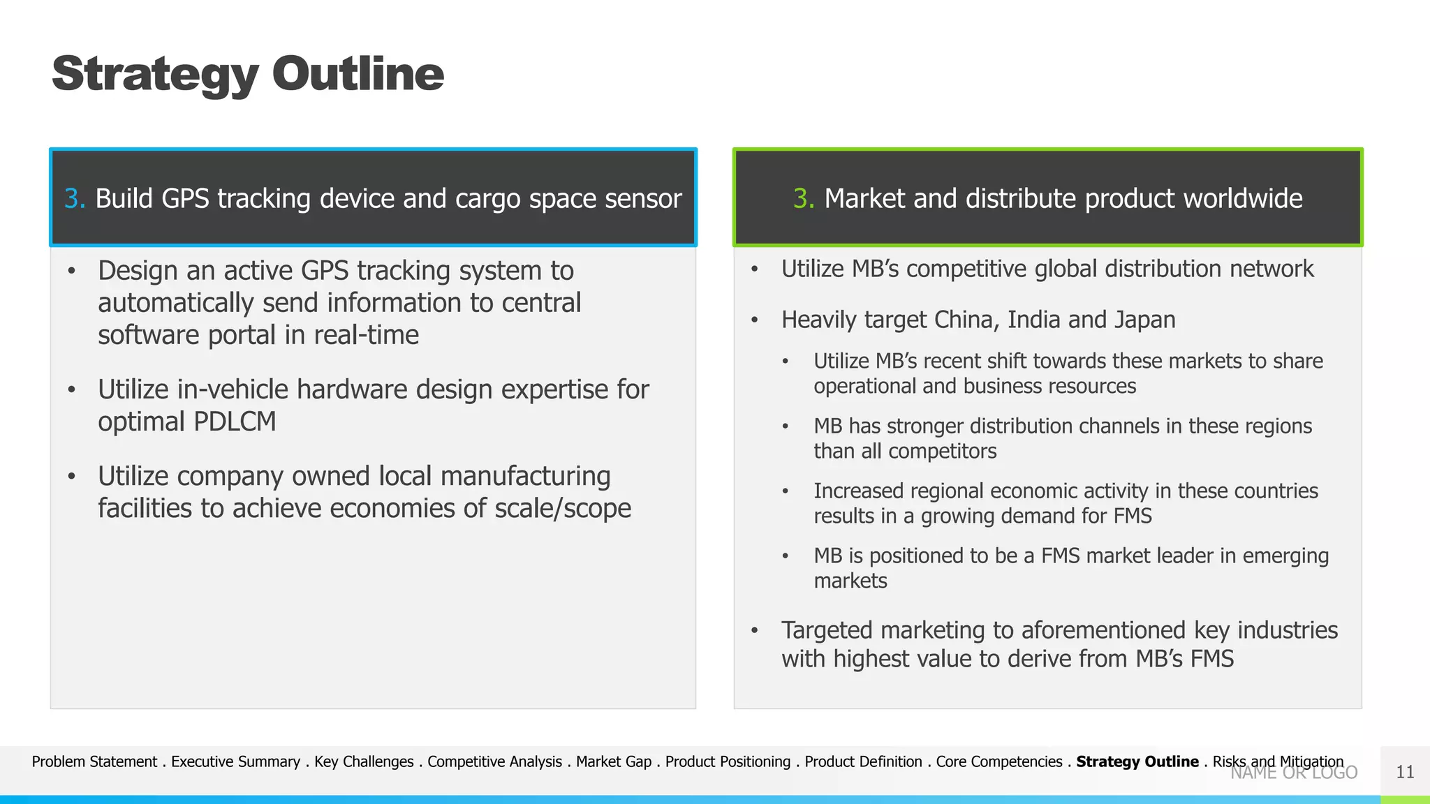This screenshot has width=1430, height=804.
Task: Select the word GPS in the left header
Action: (185, 199)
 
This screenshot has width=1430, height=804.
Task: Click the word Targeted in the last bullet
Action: (827, 630)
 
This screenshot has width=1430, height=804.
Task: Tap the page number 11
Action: (1404, 772)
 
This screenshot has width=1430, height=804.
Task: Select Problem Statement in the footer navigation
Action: (94, 762)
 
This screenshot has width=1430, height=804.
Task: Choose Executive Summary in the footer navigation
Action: (235, 762)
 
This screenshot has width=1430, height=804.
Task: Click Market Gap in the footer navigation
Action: (613, 762)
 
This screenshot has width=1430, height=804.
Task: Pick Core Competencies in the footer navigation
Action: (998, 762)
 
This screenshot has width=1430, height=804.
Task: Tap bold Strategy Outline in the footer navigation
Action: (1137, 762)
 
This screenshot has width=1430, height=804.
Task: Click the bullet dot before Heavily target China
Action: (754, 321)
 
